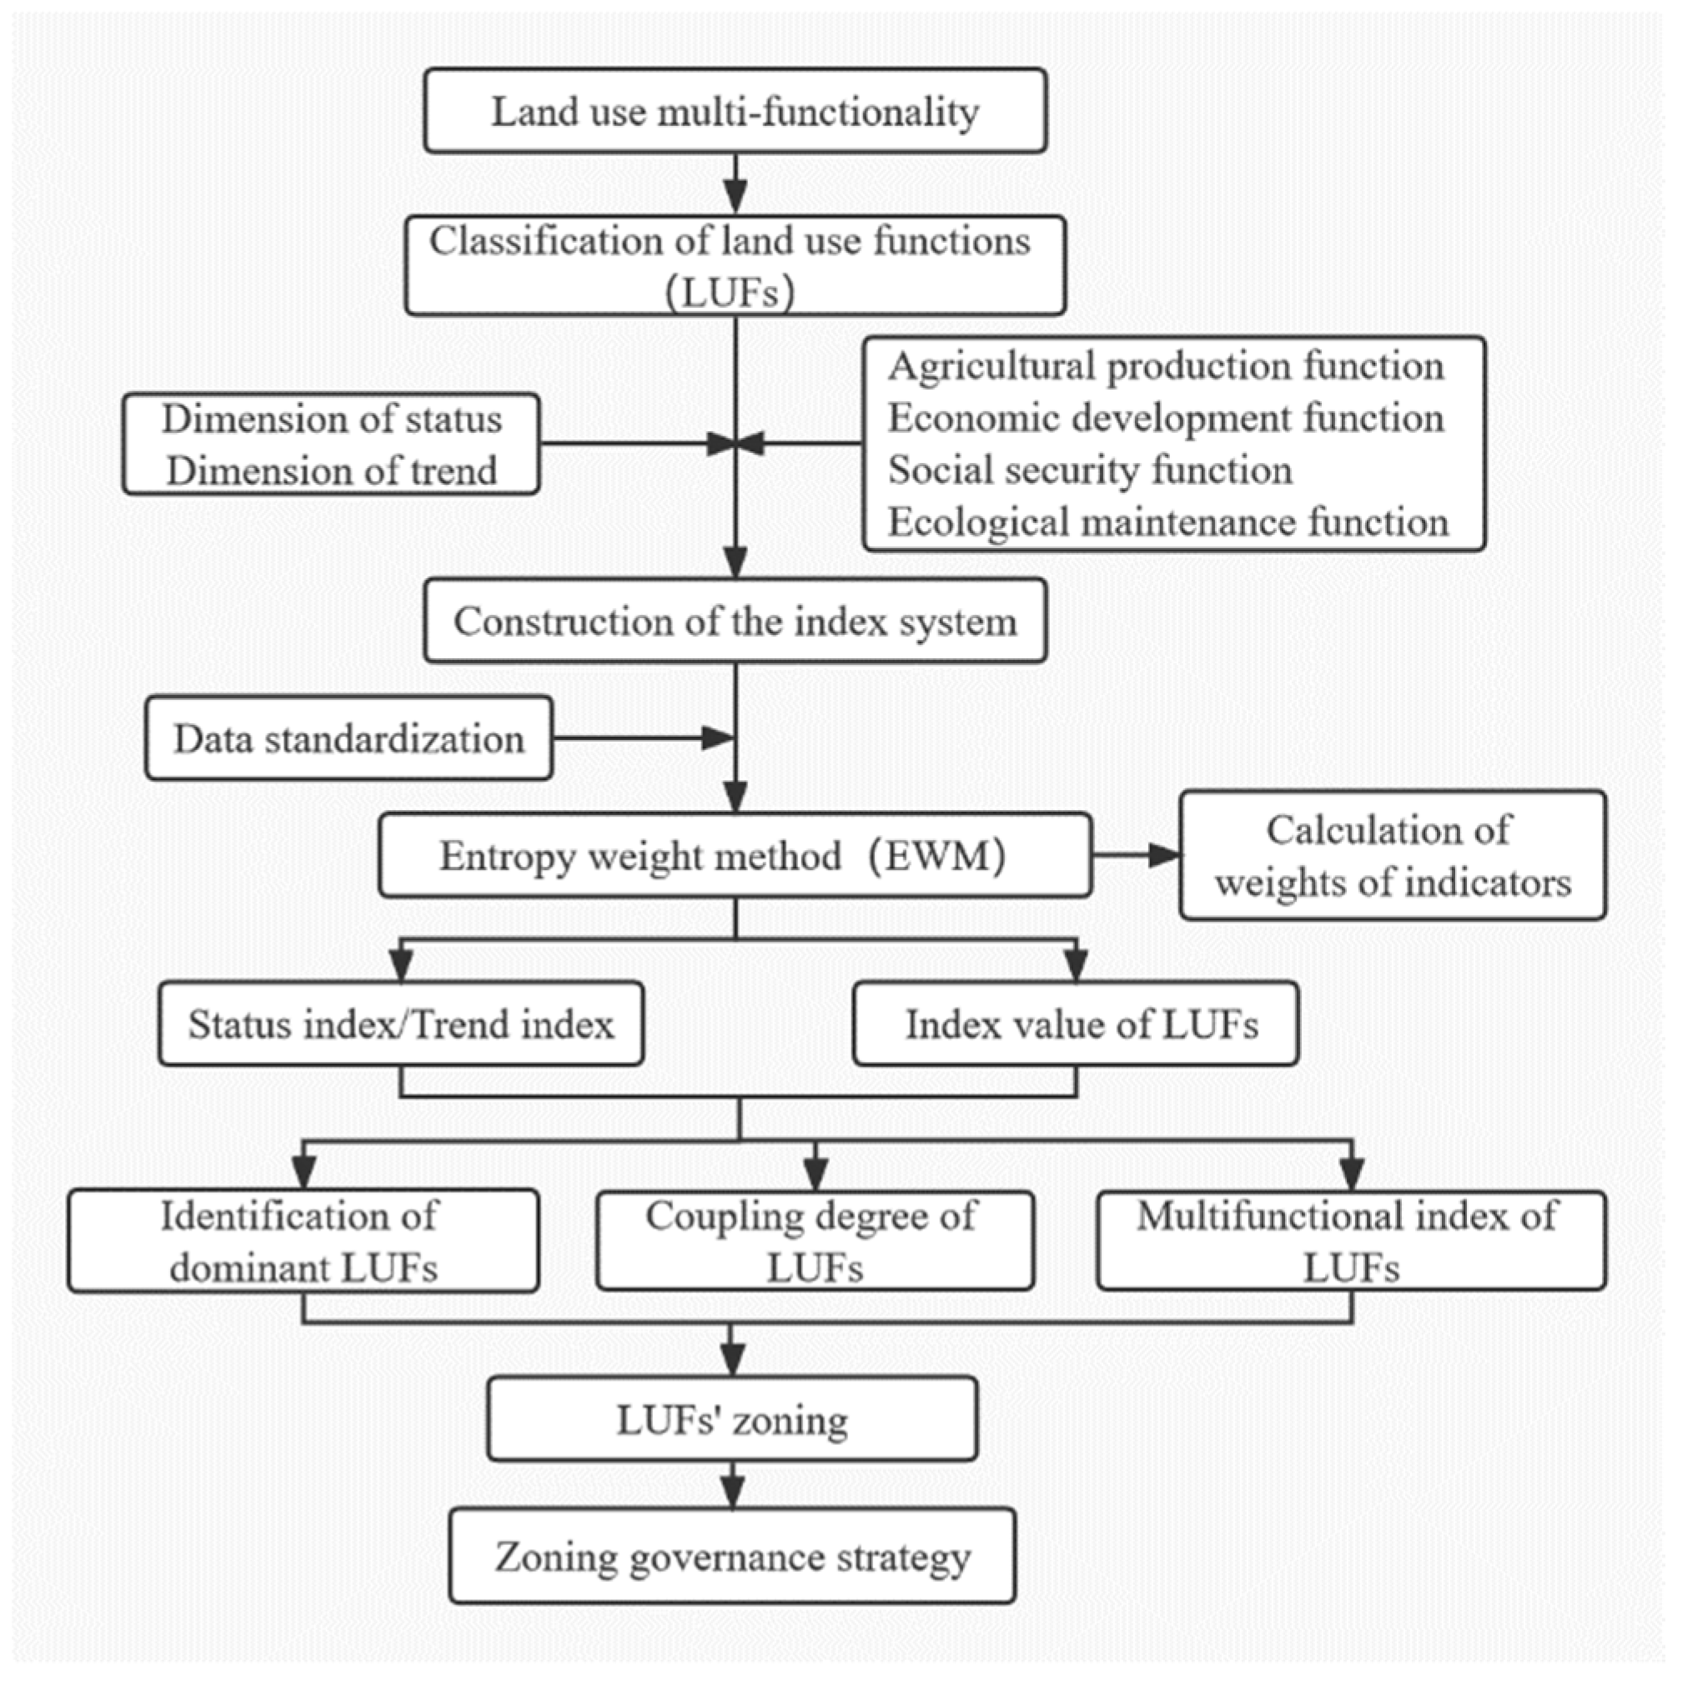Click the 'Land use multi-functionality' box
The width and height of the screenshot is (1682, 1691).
click(x=736, y=111)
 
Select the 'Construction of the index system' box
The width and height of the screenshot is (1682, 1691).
click(x=736, y=622)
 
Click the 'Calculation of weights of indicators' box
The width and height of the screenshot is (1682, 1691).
click(x=1392, y=855)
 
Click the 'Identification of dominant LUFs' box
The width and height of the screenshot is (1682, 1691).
click(x=303, y=1241)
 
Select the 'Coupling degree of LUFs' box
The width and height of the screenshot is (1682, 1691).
click(x=815, y=1241)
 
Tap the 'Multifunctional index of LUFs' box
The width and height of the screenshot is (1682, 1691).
click(x=1351, y=1241)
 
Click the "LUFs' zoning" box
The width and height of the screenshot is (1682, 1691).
click(x=731, y=1420)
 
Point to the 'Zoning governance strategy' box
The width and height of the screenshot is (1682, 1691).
click(x=732, y=1557)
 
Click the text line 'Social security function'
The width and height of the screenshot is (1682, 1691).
click(x=1090, y=470)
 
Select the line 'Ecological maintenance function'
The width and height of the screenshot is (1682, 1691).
click(x=1168, y=522)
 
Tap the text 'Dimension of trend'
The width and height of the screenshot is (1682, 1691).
click(x=332, y=471)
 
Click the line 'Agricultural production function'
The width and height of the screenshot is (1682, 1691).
click(x=1166, y=366)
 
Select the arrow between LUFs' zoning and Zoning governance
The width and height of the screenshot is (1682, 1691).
click(x=732, y=1484)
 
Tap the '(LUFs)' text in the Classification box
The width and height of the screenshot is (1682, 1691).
click(x=730, y=292)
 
